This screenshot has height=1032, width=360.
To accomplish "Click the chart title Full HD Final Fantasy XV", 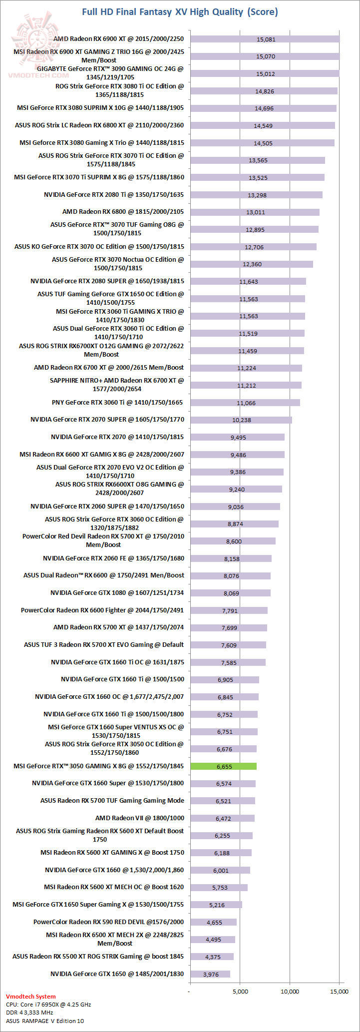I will click(x=180, y=12).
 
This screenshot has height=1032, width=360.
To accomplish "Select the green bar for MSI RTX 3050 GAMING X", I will click(x=223, y=766).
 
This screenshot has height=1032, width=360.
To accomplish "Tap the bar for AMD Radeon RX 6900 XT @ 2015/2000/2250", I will click(x=265, y=39).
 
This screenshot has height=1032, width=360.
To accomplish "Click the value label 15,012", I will click(x=266, y=74).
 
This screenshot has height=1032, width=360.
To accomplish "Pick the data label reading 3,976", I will click(x=211, y=974).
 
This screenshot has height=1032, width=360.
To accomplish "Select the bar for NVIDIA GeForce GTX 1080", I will click(x=230, y=593).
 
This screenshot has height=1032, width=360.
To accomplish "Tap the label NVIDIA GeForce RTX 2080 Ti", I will click(x=114, y=194).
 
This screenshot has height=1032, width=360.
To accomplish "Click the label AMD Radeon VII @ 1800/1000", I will click(x=140, y=818).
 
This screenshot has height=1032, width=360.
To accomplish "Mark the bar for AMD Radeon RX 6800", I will click(x=255, y=212).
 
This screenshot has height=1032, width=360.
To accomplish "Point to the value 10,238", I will click(x=242, y=420).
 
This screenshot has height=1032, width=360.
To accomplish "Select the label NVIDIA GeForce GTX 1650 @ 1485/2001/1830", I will click(x=117, y=974).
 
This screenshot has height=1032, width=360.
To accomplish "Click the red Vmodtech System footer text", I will click(x=31, y=996).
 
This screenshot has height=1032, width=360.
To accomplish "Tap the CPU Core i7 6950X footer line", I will click(x=48, y=1004).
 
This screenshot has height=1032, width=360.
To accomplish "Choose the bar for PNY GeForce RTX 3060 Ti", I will click(x=245, y=403).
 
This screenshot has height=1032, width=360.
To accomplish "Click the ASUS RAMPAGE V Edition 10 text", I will click(x=45, y=1021).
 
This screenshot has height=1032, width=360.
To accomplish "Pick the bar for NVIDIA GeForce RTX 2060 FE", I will click(x=231, y=558).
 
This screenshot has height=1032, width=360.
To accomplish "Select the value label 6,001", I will click(x=221, y=870).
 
